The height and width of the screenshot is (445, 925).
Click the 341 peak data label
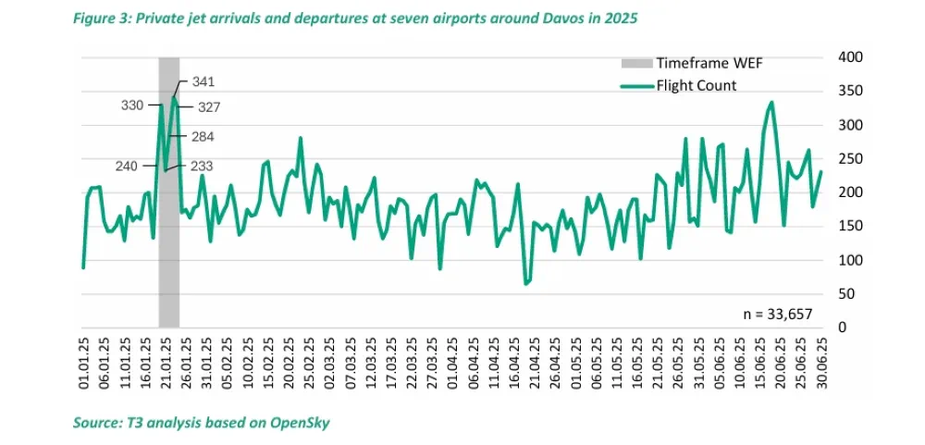(203, 82)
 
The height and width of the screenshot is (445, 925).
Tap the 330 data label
(132, 105)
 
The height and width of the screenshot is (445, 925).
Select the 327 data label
(209, 107)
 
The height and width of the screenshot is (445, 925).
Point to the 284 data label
(203, 137)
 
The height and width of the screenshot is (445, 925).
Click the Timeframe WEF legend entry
(709, 64)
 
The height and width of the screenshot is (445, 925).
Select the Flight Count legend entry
(696, 86)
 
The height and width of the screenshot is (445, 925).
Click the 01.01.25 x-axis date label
(83, 366)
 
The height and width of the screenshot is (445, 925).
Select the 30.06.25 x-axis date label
(821, 366)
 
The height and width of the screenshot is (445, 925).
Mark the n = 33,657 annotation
(780, 315)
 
